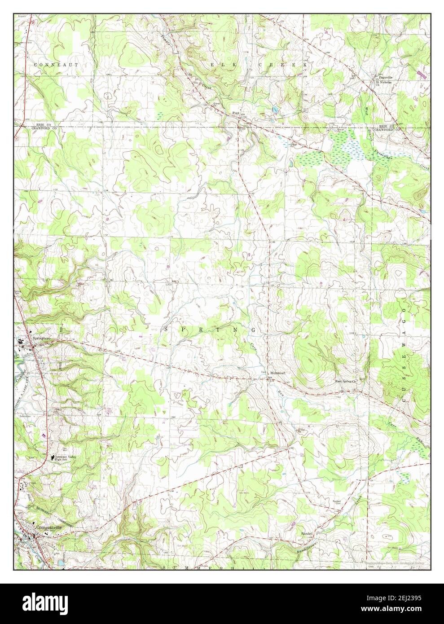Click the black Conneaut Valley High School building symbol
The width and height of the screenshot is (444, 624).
click(51, 457)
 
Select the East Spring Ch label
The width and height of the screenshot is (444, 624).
click(345, 382)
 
